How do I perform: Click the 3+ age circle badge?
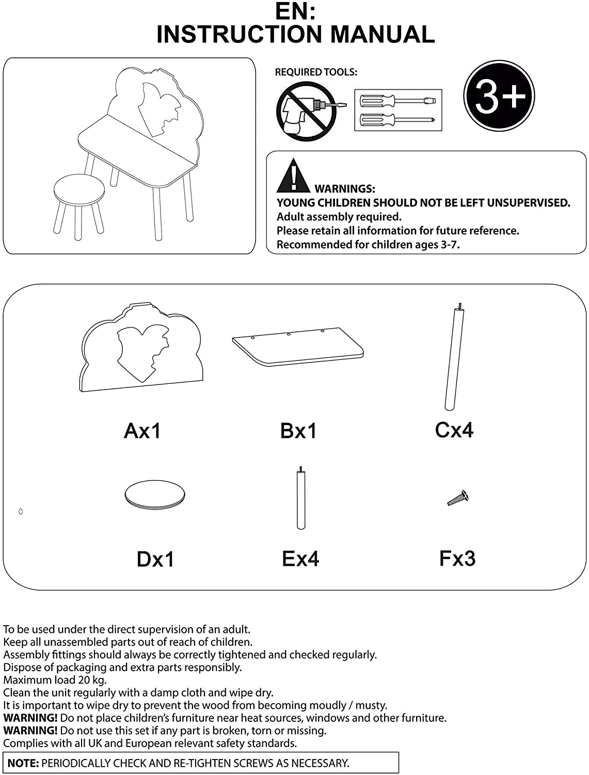coord(499,96)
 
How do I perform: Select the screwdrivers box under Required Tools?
coord(398,110)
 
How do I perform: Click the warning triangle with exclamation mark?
coord(293,176)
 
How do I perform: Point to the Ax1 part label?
coord(142,430)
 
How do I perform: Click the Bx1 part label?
coord(298,430)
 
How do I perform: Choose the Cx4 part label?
coord(454,429)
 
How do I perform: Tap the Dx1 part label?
coord(155,559)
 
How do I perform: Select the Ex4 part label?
coord(300,559)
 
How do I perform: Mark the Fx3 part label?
coord(457,558)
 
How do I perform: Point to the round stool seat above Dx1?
coord(154,494)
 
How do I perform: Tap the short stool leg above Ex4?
coord(300,499)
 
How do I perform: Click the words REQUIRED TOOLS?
coord(316,72)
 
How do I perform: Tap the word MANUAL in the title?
coord(382,34)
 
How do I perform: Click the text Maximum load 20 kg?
coord(55,680)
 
